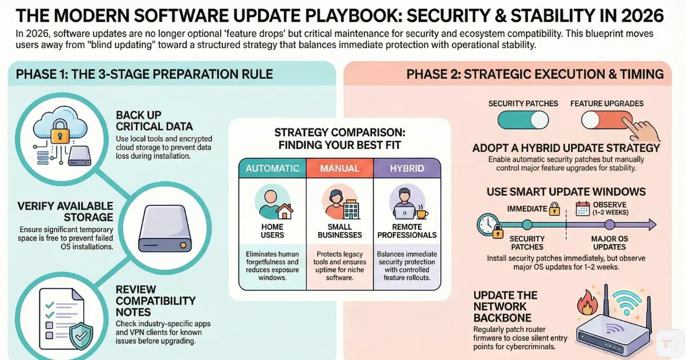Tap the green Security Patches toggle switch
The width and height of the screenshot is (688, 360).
tap(522, 120)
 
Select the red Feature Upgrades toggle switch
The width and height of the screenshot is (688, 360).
tap(606, 120)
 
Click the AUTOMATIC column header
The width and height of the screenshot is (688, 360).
tap(272, 169)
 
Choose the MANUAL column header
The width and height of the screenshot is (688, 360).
tap(340, 169)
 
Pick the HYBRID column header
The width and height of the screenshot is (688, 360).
tap(406, 169)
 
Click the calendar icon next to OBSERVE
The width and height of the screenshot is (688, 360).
tap(583, 209)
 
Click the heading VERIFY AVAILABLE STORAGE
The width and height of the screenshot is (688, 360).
tap(57, 212)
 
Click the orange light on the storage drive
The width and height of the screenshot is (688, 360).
tap(183, 245)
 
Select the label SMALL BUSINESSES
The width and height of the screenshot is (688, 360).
tap(340, 230)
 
